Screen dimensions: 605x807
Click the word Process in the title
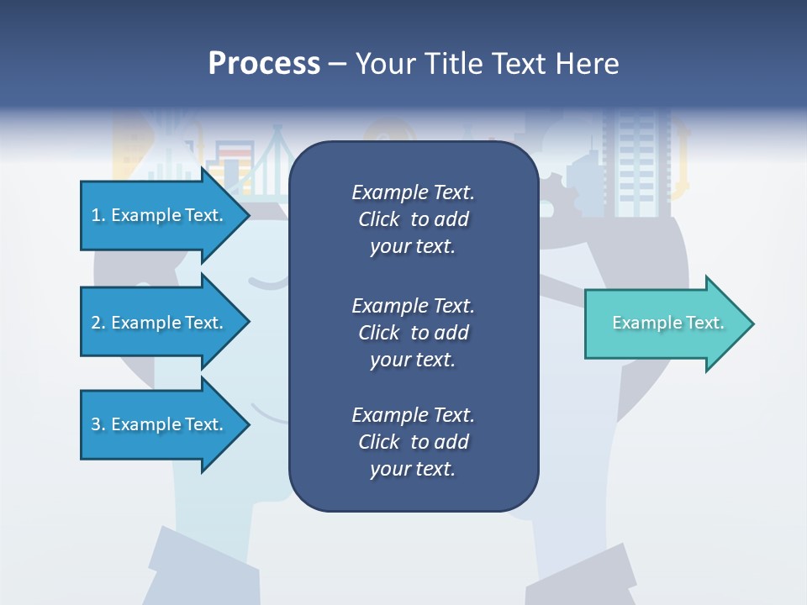[x=264, y=63]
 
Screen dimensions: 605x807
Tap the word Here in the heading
[x=586, y=63]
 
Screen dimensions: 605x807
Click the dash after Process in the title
[x=337, y=65]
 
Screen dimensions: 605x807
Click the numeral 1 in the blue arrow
[x=96, y=215]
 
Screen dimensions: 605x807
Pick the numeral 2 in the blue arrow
[x=96, y=323]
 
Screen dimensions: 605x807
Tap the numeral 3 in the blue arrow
[x=96, y=424]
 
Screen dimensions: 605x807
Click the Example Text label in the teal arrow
[x=667, y=323]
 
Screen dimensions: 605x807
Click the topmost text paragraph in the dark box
[x=413, y=218]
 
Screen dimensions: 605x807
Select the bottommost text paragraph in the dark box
[x=413, y=442]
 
